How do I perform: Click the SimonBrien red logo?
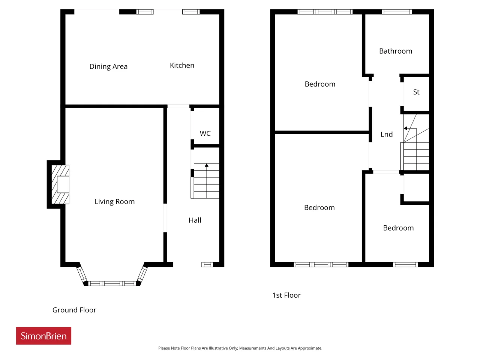tap(43, 336)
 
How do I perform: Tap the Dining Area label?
tap(108, 66)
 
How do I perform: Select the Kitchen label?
tap(182, 65)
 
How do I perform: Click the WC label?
tap(205, 133)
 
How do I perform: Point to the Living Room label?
tap(115, 201)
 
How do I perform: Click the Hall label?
tap(195, 220)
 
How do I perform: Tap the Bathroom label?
tap(396, 51)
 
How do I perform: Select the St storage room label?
tap(416, 92)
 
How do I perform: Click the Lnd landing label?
tap(386, 134)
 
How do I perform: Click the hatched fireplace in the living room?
tap(60, 184)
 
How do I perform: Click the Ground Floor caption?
tap(74, 310)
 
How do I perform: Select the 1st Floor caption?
tap(286, 295)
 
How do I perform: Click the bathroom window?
tap(397, 12)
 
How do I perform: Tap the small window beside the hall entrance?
tap(207, 264)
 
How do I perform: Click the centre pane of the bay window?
tap(112, 283)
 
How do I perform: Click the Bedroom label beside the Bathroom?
tap(320, 84)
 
